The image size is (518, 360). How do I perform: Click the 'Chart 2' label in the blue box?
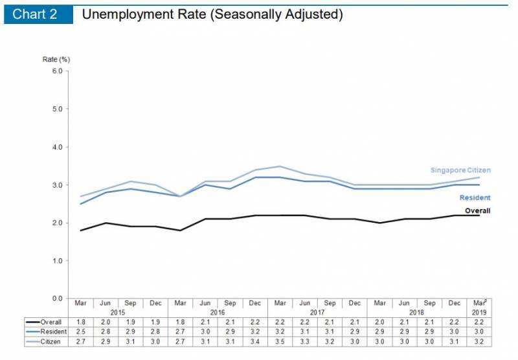click(35, 14)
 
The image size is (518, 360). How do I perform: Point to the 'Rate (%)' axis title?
click(56, 59)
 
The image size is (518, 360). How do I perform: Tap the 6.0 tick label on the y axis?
click(57, 71)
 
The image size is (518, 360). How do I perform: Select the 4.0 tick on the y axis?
click(57, 147)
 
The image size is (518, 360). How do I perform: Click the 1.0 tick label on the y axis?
click(57, 260)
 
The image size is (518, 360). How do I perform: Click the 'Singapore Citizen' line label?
click(460, 170)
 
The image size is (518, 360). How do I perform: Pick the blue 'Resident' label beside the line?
click(475, 197)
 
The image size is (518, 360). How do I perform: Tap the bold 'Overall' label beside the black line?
click(477, 210)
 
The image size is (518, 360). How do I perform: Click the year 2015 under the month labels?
click(117, 312)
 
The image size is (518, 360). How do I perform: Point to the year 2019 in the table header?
click(479, 312)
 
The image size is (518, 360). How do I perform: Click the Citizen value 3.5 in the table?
click(280, 341)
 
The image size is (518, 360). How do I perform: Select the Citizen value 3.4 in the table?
click(255, 341)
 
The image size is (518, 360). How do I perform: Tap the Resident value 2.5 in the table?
click(80, 332)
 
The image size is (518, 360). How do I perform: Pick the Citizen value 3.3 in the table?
click(305, 341)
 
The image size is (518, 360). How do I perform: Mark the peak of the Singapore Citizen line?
click(280, 166)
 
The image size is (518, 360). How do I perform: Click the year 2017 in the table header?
click(317, 312)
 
